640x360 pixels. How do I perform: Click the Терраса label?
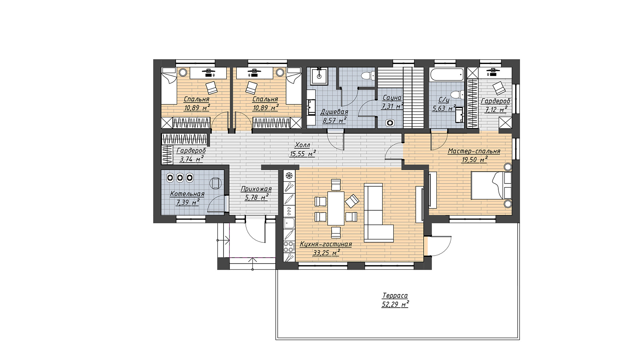point(395,296)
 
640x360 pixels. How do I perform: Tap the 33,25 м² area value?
point(326,253)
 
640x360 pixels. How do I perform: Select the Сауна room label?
point(392,98)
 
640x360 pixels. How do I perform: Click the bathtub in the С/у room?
point(447,74)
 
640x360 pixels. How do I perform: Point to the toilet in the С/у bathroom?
point(457,94)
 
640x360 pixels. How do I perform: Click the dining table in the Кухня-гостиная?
point(336,208)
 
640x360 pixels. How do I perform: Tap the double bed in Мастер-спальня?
point(491,185)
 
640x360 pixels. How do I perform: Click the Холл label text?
point(302,145)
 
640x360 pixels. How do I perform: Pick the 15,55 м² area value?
point(303,154)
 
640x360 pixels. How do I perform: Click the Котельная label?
point(187,194)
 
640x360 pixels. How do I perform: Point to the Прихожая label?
point(256,189)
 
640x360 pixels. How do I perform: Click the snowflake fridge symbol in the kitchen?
point(289,175)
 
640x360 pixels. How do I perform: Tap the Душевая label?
point(334,112)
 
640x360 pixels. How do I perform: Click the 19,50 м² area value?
point(474,160)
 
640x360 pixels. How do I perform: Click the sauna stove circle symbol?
point(390,123)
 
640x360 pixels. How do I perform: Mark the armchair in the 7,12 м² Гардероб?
point(499,88)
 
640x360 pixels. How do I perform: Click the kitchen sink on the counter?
point(289,223)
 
